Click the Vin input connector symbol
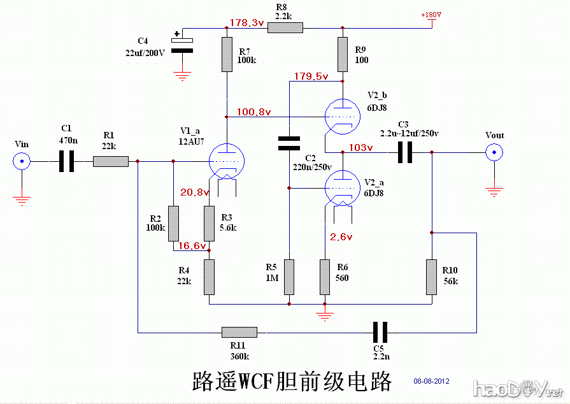(22, 162)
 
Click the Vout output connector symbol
(494, 152)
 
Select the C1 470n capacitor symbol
(66, 162)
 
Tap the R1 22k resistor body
(111, 162)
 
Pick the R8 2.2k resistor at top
(285, 28)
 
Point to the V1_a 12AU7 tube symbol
(227, 159)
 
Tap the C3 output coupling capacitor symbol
(404, 152)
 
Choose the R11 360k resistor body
(239, 332)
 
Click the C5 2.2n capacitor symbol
(380, 332)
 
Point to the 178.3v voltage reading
(246, 23)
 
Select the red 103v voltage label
(360, 147)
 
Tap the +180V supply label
(431, 15)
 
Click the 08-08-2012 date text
(431, 381)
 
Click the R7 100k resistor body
(227, 55)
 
